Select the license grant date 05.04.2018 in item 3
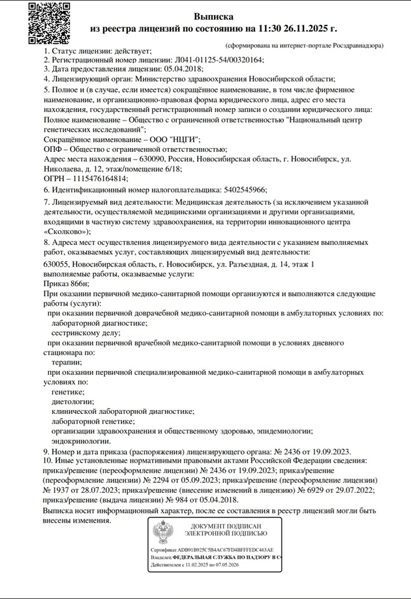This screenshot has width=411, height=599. pyautogui.click(x=183, y=68)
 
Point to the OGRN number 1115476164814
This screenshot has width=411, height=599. pyautogui.click(x=100, y=178)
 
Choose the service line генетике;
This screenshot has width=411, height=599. pyautogui.click(x=68, y=392)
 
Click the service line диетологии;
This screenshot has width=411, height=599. pyautogui.click(x=72, y=402)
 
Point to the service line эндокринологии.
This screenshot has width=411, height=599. pyautogui.click(x=81, y=441)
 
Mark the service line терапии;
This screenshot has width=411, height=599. pyautogui.click(x=66, y=362)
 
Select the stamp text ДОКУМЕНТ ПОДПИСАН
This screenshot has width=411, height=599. pyautogui.click(x=226, y=525)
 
